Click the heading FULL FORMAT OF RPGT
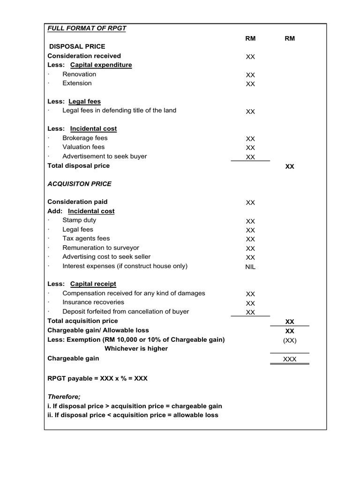pos(87,29)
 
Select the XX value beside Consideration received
pos(250,57)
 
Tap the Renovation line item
pos(79,74)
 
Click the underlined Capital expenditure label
pos(101,65)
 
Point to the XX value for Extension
pos(250,84)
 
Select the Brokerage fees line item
pos(85,138)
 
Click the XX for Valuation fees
pos(250,148)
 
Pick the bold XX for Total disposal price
pos(290,166)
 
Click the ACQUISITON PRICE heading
pos(79,184)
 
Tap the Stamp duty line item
pos(79,220)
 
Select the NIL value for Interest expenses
pos(250,267)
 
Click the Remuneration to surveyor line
pos(101,247)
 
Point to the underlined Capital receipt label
pos(93,284)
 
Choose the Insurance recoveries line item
pos(93,302)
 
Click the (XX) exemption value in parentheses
pos(290,341)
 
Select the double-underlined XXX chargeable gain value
pos(290,360)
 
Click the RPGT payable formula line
pos(97,378)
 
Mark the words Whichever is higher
pos(136,349)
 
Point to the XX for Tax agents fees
pos(250,240)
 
